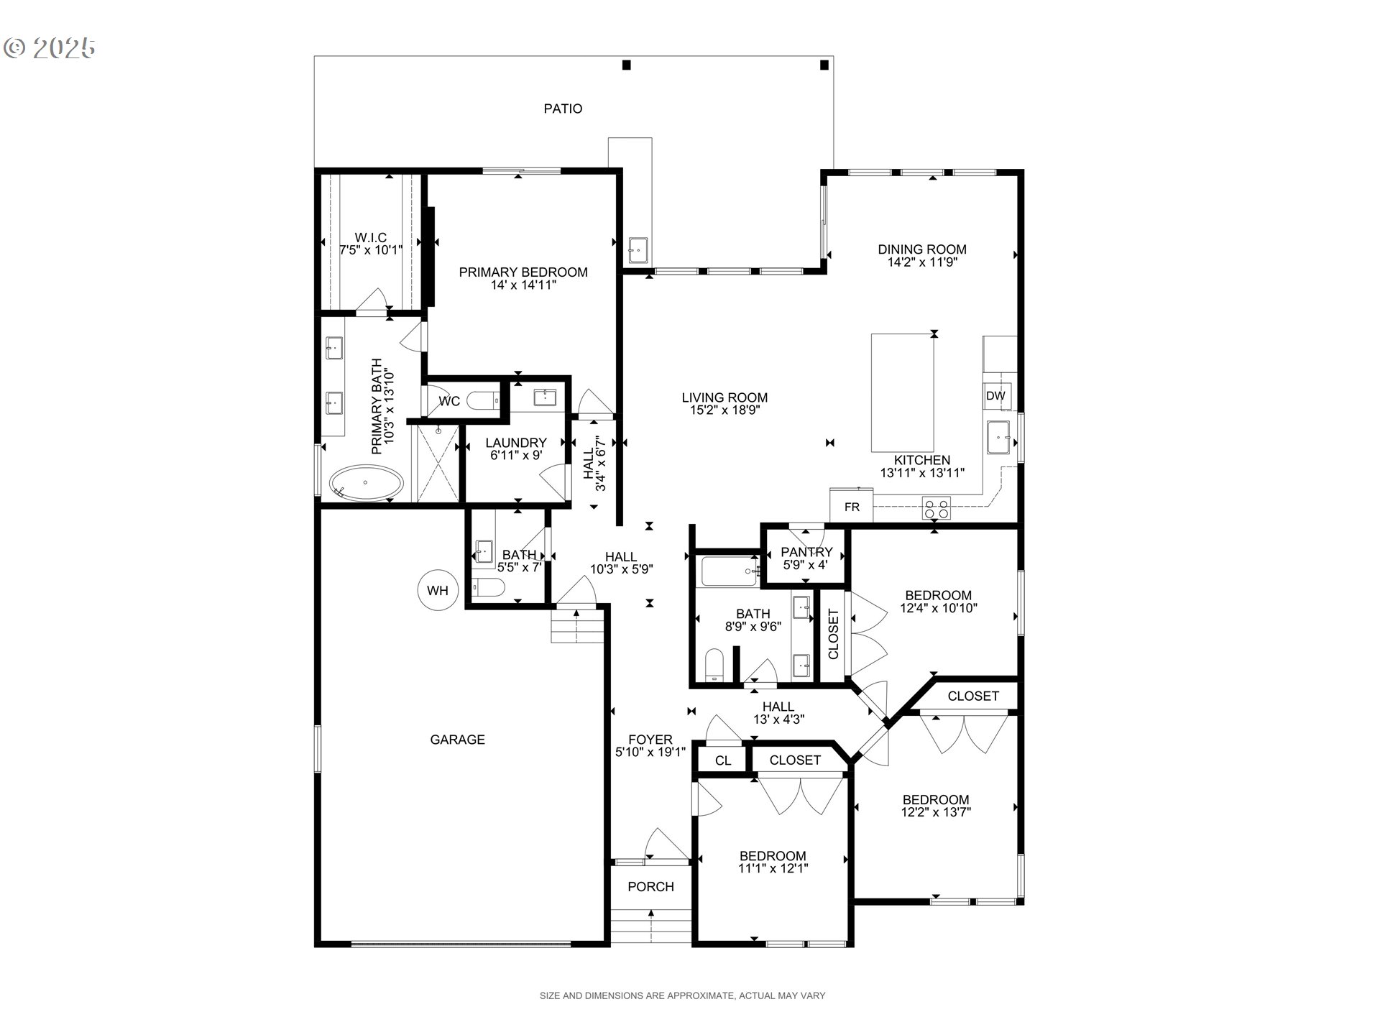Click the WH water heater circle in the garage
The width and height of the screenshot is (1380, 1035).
[437, 591]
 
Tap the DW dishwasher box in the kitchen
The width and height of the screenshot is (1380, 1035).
[995, 396]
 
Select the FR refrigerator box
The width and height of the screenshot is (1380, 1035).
[852, 507]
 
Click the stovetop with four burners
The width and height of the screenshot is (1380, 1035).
[937, 509]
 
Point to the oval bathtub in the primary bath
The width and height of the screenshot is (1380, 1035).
[366, 483]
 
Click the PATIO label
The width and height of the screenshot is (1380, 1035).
[563, 109]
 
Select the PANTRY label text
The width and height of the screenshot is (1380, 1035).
[806, 552]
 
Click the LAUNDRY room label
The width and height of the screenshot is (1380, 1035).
[515, 443]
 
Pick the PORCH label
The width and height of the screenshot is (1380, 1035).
[650, 887]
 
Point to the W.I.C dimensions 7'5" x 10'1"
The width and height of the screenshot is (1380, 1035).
[371, 250]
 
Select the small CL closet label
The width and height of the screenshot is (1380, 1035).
[723, 760]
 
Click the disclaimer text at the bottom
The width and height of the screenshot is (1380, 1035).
[682, 995]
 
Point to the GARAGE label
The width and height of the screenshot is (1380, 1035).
[457, 740]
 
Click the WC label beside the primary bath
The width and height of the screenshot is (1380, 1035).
[449, 401]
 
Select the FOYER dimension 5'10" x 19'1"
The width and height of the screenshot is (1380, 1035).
[650, 752]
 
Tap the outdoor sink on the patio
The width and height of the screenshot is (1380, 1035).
[638, 250]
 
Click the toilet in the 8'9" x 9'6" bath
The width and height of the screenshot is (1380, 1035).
[714, 665]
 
